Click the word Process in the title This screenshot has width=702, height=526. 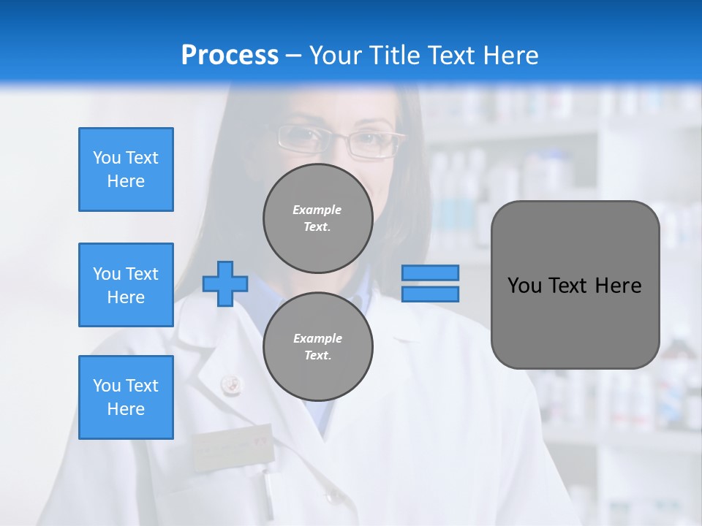[230, 56]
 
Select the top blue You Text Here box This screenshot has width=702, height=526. [126, 169]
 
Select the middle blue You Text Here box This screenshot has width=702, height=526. [126, 285]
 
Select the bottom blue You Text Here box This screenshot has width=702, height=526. [126, 397]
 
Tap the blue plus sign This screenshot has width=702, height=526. [225, 283]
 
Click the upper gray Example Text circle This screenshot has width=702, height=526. [317, 218]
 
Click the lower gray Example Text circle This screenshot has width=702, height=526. [317, 346]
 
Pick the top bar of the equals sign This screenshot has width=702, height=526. [430, 272]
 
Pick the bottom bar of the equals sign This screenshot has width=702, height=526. [430, 294]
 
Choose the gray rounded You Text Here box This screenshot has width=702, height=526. [575, 285]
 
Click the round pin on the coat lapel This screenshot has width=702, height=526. [230, 381]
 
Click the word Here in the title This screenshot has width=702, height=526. [510, 56]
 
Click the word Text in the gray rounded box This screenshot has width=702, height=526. [573, 286]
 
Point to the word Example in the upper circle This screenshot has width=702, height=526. [317, 210]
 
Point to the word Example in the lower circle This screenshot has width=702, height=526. [317, 338]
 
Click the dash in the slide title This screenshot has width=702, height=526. [294, 56]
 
